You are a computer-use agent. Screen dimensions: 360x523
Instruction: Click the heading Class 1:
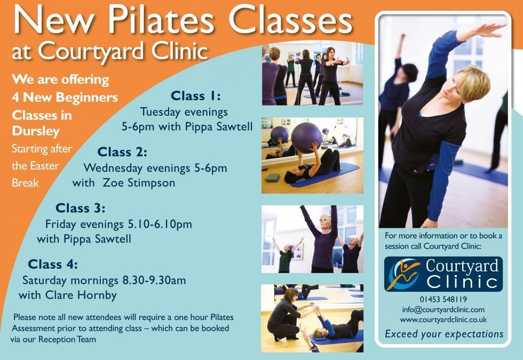pyautogui.click(x=195, y=96)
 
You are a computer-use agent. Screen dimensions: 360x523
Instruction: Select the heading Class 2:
pyautogui.click(x=122, y=152)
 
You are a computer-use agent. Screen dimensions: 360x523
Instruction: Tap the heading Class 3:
pyautogui.click(x=81, y=207)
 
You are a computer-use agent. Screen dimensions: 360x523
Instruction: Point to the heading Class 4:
pyautogui.click(x=53, y=264)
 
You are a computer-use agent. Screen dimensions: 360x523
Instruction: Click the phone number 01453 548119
pyautogui.click(x=443, y=300)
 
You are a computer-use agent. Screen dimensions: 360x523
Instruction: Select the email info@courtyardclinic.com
pyautogui.click(x=443, y=309)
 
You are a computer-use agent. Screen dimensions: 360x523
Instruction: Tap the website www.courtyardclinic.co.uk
pyautogui.click(x=443, y=319)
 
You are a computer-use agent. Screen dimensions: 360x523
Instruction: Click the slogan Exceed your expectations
pyautogui.click(x=444, y=334)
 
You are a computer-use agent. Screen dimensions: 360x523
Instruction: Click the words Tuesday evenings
pyautogui.click(x=184, y=112)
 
